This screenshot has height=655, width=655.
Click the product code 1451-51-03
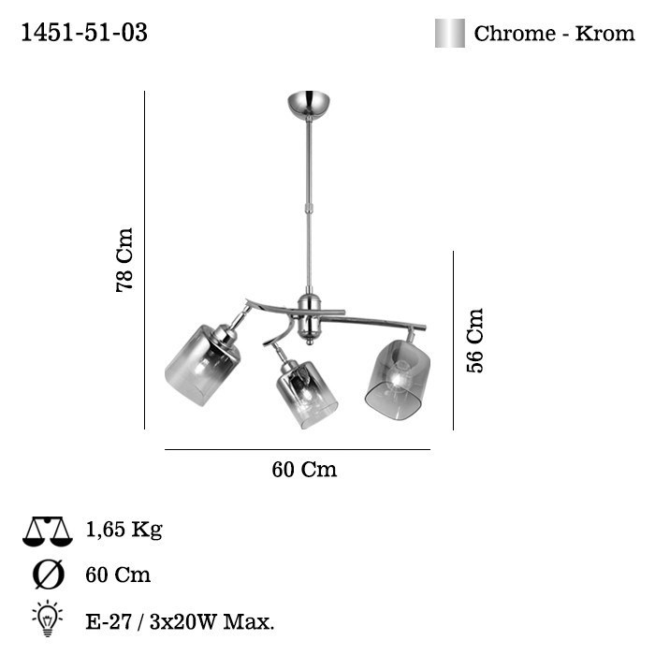coord(84,33)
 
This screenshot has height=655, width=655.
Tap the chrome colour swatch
coord(449,33)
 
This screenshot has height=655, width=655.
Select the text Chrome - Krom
coord(554,34)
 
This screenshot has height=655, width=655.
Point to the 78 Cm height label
coord(124,260)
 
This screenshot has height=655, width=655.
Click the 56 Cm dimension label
coord(474,340)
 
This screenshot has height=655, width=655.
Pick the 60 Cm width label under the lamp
coord(304,469)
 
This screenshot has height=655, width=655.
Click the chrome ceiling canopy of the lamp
coord(309,104)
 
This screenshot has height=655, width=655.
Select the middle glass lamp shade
coord(307,394)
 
